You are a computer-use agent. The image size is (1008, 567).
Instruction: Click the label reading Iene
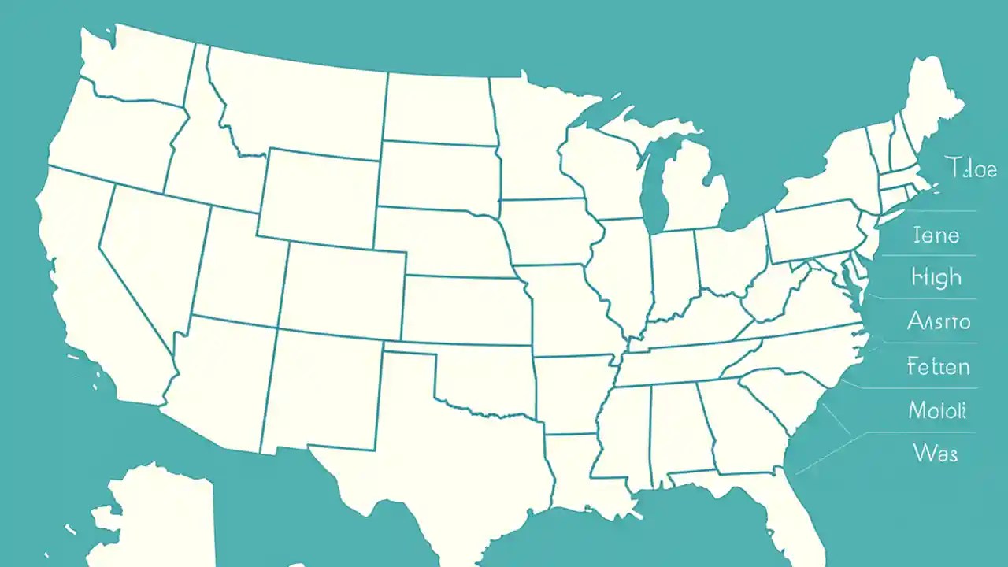tap(936, 235)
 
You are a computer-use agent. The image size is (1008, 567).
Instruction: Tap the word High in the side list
tap(936, 277)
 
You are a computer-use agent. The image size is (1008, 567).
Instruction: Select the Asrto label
tap(939, 321)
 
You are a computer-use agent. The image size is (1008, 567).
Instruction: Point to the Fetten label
tap(938, 366)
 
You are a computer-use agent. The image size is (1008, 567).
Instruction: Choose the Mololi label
tap(937, 410)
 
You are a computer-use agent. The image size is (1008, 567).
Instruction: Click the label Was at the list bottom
tap(936, 453)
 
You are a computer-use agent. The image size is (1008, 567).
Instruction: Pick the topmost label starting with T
tap(969, 168)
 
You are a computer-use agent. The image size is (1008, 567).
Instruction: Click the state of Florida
tap(795, 512)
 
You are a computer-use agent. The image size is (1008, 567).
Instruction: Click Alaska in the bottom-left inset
tap(150, 512)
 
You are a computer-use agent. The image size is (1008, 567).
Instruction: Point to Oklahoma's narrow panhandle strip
tap(409, 349)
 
